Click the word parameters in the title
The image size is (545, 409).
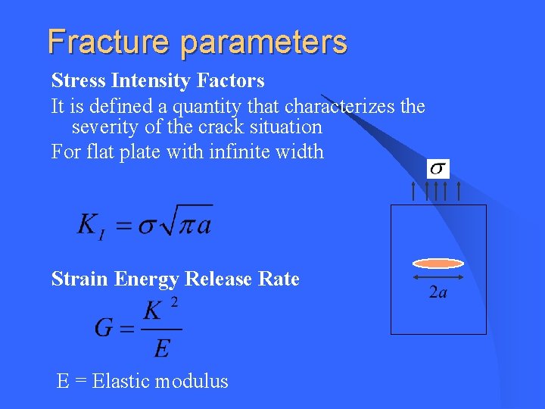pyautogui.click(x=263, y=42)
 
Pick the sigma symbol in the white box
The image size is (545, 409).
pyautogui.click(x=438, y=168)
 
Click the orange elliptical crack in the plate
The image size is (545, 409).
pyautogui.click(x=438, y=264)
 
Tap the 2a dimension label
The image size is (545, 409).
pyautogui.click(x=438, y=292)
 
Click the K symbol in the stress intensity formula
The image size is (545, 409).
pyautogui.click(x=88, y=224)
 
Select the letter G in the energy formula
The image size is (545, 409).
pyautogui.click(x=104, y=328)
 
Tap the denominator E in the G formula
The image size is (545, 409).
pyautogui.click(x=161, y=348)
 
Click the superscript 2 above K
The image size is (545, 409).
pyautogui.click(x=175, y=302)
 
